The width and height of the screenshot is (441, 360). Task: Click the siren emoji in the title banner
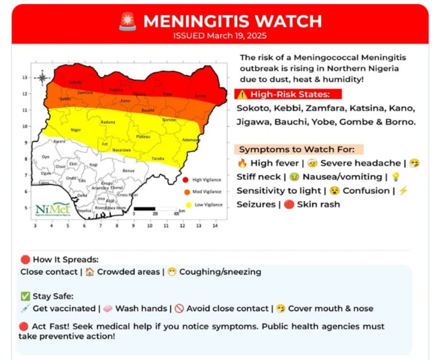click(x=127, y=21)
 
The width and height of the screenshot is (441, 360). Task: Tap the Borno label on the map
click(x=200, y=95)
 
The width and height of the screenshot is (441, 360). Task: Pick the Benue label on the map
click(x=127, y=170)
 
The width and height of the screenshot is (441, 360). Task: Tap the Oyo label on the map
click(x=46, y=157)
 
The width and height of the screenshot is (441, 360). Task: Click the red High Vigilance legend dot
click(x=186, y=179)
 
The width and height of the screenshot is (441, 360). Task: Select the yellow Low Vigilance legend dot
click(x=186, y=204)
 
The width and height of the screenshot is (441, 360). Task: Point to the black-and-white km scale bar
click(x=155, y=208)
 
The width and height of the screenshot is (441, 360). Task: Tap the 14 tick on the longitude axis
click(x=215, y=226)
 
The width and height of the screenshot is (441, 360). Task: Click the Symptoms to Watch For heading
click(x=300, y=149)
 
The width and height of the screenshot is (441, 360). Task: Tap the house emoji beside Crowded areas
click(x=90, y=272)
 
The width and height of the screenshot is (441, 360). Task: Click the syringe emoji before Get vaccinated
click(x=25, y=308)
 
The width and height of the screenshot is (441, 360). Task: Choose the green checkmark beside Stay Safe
click(x=25, y=296)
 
